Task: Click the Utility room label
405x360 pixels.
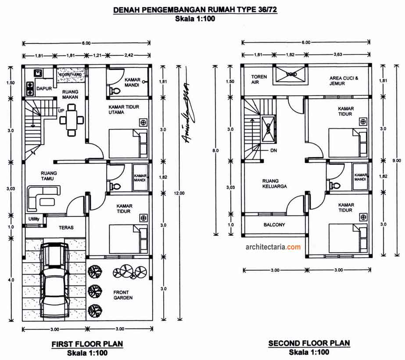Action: coord(34,219)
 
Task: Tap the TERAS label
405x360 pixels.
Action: coord(66,228)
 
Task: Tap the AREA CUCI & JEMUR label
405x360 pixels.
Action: coord(344,81)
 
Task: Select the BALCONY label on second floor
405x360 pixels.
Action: coord(274,225)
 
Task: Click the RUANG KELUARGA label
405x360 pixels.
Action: coord(274,183)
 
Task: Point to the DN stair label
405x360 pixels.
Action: coord(274,150)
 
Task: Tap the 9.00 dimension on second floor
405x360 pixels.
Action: coord(397,160)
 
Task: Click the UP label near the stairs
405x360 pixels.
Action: coord(62,111)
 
